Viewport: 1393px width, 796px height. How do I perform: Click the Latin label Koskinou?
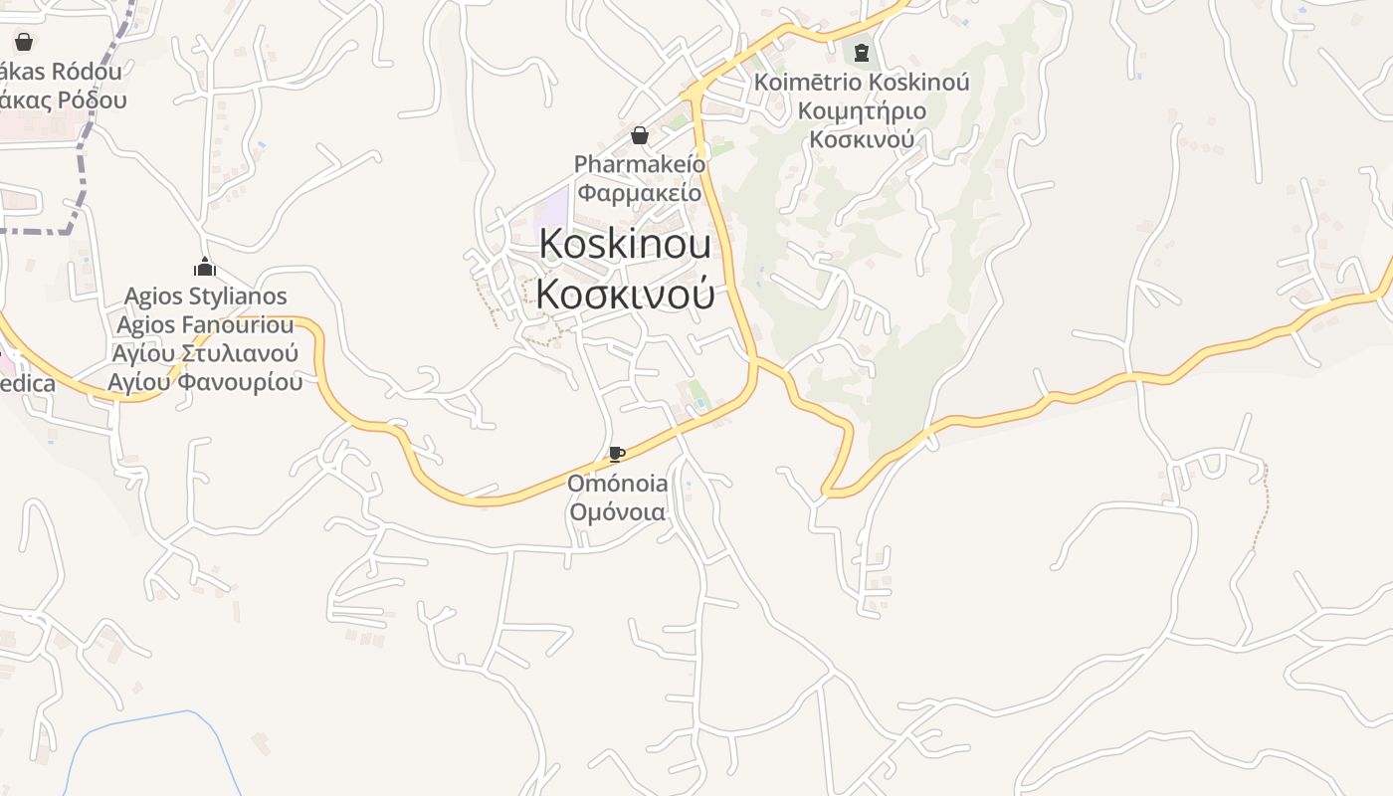coord(625,245)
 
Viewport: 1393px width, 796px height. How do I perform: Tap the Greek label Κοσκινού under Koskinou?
coord(625,293)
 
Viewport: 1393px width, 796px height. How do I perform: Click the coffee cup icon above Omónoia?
coord(617,455)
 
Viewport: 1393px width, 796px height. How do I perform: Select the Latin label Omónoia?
coord(617,484)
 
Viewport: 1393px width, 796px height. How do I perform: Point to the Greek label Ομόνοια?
coord(617,512)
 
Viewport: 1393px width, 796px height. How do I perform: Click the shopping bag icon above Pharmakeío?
coord(640,135)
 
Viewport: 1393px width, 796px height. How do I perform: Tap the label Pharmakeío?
coord(640,163)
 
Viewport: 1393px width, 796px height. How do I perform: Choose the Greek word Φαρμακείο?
coord(640,192)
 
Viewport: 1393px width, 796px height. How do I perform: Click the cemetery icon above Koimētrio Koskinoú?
coord(862,52)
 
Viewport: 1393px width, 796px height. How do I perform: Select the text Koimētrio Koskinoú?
coord(862,82)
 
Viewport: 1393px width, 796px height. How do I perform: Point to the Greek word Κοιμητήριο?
coord(862,110)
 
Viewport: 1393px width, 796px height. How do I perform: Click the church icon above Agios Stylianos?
coord(205,267)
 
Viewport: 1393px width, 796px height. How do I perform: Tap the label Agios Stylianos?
coord(205,297)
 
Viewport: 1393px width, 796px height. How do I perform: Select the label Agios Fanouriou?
coord(205,325)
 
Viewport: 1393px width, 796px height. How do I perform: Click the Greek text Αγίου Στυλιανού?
coord(205,354)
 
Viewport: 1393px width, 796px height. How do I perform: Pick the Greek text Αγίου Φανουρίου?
coord(205,382)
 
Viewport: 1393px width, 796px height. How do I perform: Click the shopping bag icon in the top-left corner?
coord(24,42)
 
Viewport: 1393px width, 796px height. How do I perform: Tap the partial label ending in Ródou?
coord(62,72)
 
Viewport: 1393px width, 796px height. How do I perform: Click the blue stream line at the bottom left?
coord(149,717)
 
